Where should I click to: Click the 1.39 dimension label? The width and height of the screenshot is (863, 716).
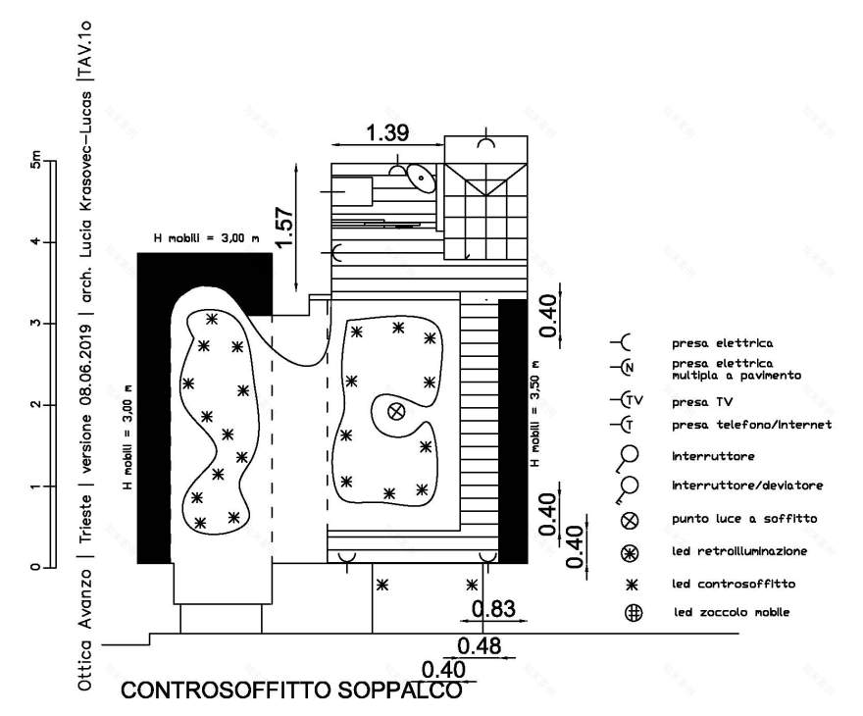387,132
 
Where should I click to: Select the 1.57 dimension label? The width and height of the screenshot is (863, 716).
284,228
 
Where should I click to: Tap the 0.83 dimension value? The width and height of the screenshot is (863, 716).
493,609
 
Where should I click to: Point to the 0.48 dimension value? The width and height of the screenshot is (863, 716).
479,645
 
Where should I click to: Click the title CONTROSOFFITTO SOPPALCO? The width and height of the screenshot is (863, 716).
291,690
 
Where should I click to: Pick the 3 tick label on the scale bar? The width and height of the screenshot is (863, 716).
35,323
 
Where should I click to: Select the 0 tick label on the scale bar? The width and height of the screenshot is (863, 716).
35,566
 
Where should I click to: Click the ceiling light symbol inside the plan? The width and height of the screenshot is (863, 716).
396,411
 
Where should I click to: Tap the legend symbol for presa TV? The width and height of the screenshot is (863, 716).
627,400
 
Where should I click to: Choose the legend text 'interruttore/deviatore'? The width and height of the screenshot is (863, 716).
747,486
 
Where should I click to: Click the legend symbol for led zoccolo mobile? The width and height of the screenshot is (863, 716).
634,613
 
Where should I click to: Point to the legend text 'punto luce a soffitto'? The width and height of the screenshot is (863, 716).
744,519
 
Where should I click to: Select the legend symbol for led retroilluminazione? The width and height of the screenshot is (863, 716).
630,553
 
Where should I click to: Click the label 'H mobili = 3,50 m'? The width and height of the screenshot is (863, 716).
534,414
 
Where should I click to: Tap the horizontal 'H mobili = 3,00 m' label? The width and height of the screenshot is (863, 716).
206,239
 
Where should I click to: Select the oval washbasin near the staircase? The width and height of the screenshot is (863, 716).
421,179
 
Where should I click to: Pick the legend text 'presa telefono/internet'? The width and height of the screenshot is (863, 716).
752,425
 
